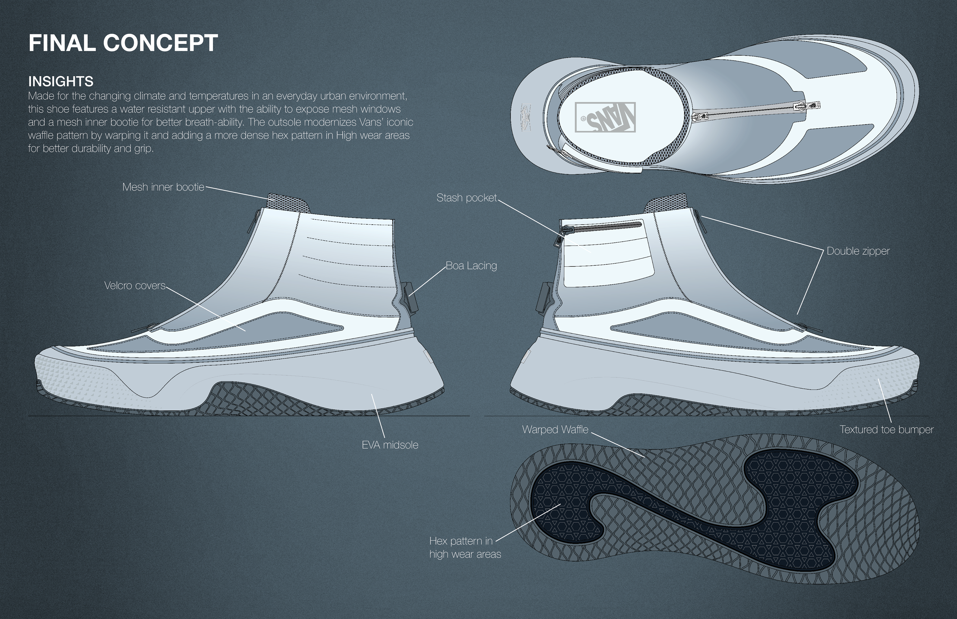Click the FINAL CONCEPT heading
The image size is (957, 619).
pos(123,43)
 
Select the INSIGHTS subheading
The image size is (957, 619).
pos(61,82)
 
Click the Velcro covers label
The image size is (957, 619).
pos(135,285)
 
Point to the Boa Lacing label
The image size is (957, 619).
pos(471,266)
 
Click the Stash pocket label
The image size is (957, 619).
pos(467,198)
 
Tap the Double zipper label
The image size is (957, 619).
pos(858,251)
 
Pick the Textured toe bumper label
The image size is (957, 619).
pos(886,430)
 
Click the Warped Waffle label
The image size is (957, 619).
pos(555,430)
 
